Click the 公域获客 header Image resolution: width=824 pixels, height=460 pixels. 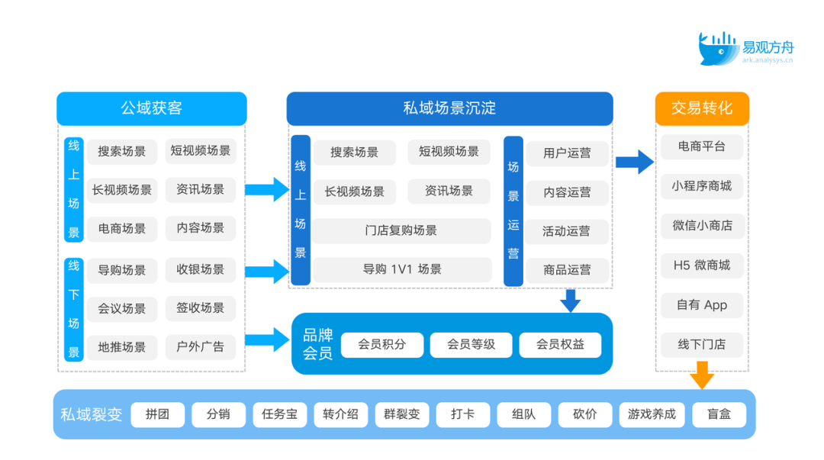click(151, 108)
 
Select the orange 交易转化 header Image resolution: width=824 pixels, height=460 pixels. click(702, 108)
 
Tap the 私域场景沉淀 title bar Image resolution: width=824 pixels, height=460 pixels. click(449, 108)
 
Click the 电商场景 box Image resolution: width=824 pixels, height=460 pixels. click(122, 229)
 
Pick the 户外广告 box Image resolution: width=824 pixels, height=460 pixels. click(200, 347)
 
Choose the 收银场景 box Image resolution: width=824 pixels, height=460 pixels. click(200, 270)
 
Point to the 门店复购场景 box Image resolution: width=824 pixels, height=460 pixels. click(401, 230)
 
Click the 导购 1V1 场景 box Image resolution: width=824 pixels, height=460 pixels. click(402, 269)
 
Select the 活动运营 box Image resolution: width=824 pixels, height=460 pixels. click(566, 231)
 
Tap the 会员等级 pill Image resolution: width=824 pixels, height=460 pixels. click(471, 345)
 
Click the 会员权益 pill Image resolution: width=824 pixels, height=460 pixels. click(560, 345)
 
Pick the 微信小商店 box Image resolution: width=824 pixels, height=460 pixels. click(702, 226)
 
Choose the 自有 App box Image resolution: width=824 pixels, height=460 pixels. click(702, 305)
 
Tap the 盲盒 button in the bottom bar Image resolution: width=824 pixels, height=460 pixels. click(719, 414)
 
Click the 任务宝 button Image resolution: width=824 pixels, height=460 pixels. click(279, 414)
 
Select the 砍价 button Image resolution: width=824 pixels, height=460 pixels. click(585, 414)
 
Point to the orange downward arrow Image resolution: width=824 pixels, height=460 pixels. click(702, 375)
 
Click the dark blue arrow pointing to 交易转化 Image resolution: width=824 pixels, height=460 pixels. click(635, 162)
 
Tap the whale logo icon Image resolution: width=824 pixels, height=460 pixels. click(718, 48)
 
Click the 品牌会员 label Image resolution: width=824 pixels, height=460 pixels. click(318, 344)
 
